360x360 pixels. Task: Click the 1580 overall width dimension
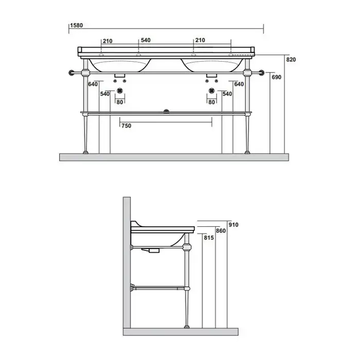click(x=77, y=26)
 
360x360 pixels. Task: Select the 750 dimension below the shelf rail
click(x=127, y=126)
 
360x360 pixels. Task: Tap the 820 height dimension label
click(x=291, y=60)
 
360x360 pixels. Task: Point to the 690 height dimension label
click(x=277, y=77)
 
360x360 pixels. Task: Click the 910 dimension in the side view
click(x=233, y=225)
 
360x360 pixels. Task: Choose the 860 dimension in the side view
click(x=221, y=231)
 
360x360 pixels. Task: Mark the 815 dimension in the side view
click(x=209, y=238)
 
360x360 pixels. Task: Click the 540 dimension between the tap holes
click(x=146, y=41)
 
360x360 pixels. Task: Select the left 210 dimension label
click(x=107, y=41)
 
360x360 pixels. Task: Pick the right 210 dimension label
click(x=200, y=41)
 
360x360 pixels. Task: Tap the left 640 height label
click(x=93, y=84)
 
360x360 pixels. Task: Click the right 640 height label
click(x=239, y=84)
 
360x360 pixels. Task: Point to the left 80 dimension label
click(x=120, y=102)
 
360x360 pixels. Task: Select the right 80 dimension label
click(x=212, y=102)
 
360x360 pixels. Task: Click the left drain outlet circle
click(x=120, y=91)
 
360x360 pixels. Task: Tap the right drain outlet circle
click(x=212, y=91)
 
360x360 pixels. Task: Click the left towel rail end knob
click(x=71, y=73)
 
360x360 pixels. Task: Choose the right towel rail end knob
click(x=261, y=73)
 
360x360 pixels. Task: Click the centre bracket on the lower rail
click(x=166, y=112)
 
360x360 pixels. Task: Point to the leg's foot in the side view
click(x=187, y=327)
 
